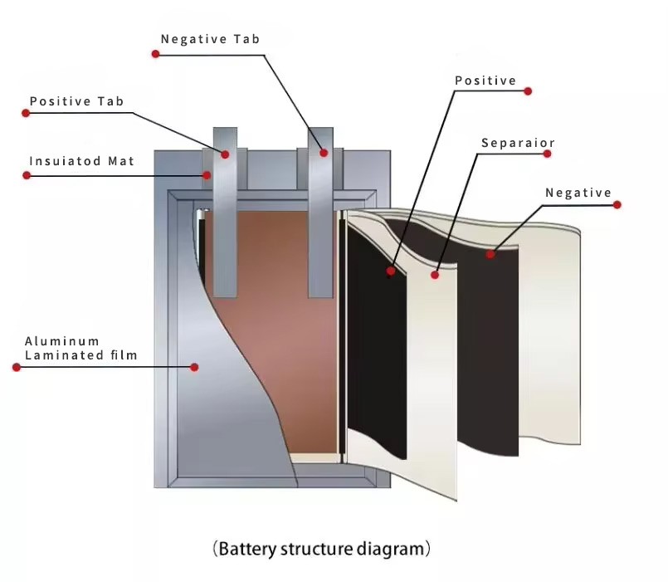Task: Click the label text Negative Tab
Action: click(209, 39)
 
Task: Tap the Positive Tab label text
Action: click(76, 101)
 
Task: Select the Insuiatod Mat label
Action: click(81, 161)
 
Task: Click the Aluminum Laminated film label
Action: click(80, 348)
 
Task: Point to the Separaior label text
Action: click(518, 143)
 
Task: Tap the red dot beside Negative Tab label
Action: click(155, 54)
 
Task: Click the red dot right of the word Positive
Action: click(529, 91)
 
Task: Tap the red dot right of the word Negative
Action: click(617, 204)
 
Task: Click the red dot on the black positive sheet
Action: click(390, 271)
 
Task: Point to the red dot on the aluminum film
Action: click(194, 367)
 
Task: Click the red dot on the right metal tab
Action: click(324, 153)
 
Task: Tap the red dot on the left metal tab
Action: click(225, 154)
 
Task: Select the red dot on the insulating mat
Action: click(207, 174)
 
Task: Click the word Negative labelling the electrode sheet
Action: click(578, 193)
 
